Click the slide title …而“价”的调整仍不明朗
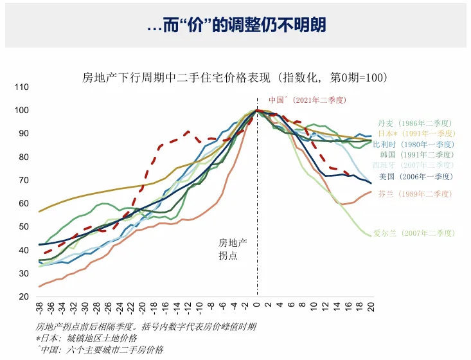236,25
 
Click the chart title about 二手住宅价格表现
234,78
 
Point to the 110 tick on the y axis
22,87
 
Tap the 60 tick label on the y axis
22,204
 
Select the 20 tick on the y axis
22,297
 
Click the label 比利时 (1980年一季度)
414,144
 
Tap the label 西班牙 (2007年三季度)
414,165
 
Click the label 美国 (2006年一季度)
416,176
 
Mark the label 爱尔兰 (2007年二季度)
414,233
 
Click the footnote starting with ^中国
100,350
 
